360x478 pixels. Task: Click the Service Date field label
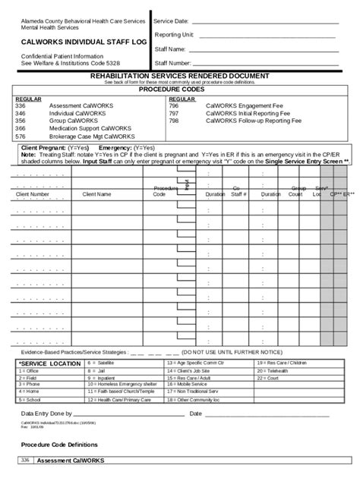click(x=172, y=20)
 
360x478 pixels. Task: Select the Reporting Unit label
click(x=174, y=35)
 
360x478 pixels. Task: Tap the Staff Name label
click(x=171, y=49)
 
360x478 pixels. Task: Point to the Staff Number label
click(x=172, y=63)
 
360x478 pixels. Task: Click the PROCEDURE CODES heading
click(x=179, y=90)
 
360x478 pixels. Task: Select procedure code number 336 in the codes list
click(x=20, y=105)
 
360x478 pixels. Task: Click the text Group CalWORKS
click(x=73, y=121)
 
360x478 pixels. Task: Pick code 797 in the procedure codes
click(x=174, y=113)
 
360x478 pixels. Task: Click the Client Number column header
click(x=33, y=194)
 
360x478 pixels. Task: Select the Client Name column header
click(x=96, y=194)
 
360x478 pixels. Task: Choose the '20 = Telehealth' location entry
click(x=273, y=371)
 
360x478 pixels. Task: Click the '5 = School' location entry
click(x=30, y=399)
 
